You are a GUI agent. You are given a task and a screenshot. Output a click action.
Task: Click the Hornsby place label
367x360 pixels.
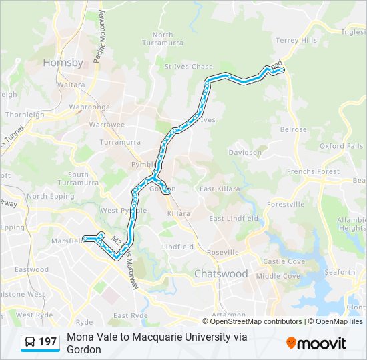pos(63,63)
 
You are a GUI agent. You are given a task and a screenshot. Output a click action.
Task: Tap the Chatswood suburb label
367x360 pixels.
pos(221,274)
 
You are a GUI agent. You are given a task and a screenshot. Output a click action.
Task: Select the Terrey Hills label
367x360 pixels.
pos(296,40)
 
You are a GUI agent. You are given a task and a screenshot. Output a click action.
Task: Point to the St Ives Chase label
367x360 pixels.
pos(189,67)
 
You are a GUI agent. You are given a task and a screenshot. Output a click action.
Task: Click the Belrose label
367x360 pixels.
pos(294,130)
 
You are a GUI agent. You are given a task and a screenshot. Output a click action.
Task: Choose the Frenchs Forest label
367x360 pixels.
pos(313,172)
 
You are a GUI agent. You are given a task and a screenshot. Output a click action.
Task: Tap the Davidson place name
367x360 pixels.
pos(245,152)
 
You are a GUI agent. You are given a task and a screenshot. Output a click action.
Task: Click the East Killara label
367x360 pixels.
pos(220,189)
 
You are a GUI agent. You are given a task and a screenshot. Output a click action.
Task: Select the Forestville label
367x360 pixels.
pos(285,204)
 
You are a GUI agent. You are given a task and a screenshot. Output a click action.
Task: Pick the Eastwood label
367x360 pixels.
pos(32,270)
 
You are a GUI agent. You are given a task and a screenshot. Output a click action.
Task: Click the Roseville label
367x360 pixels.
pos(222,253)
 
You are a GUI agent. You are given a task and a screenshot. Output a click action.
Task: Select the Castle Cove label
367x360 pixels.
pos(284,262)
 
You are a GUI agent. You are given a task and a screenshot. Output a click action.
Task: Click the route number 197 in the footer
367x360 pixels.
pos(48,342)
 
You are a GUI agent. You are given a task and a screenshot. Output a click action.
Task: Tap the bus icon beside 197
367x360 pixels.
pos(31,342)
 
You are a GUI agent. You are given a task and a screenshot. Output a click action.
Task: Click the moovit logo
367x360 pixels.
pos(316,343)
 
